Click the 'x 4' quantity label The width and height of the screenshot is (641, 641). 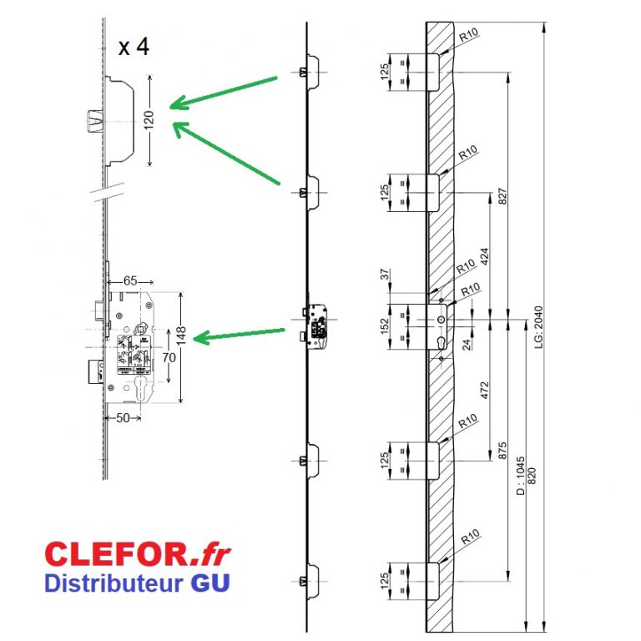pos(134,47)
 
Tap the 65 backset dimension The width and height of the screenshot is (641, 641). pos(130,281)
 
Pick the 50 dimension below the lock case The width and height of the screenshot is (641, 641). pos(124,418)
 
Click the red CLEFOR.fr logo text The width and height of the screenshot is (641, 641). pos(138,553)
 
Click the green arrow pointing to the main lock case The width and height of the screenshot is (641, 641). pos(239,334)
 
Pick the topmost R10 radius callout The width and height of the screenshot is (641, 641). pos(468,35)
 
